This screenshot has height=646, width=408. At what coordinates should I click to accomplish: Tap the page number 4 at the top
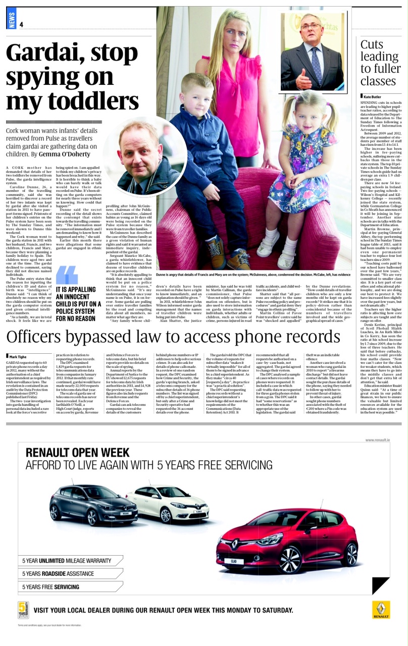click(x=22, y=25)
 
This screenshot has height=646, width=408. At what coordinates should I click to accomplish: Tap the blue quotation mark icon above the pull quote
click(x=66, y=275)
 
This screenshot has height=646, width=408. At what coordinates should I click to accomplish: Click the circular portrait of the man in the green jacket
click(x=145, y=156)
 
